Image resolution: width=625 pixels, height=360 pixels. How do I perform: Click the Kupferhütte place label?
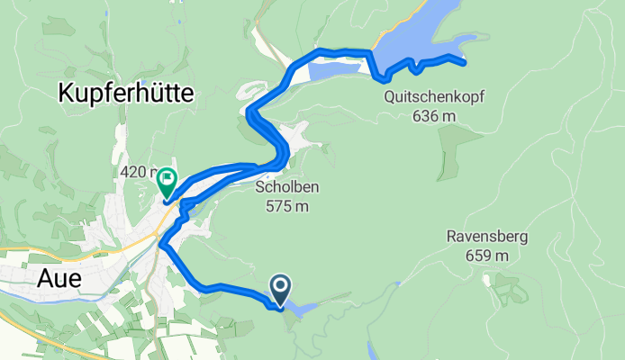(131, 91)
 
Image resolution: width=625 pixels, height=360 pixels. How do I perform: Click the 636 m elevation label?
(434, 115)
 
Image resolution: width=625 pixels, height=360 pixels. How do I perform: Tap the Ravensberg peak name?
(486, 238)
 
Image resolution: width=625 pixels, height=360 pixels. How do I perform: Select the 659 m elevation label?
(486, 256)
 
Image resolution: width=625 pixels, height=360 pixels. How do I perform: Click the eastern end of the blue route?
(463, 63)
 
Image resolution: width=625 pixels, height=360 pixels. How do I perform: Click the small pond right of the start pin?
(303, 309)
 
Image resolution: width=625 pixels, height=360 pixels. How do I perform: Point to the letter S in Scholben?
(259, 187)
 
